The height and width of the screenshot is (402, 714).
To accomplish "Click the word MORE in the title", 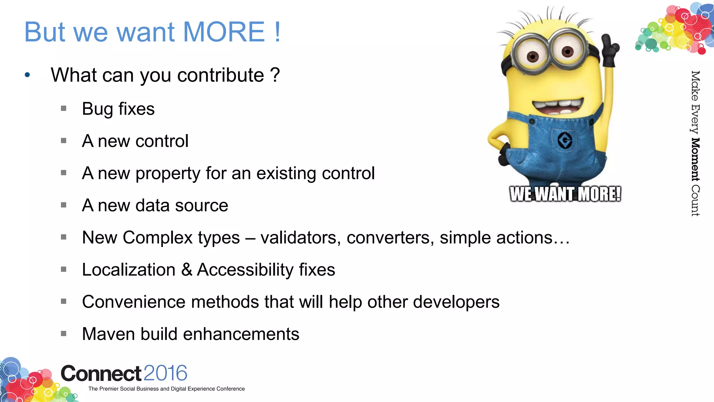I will (x=224, y=32).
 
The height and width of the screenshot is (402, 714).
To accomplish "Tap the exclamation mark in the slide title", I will (x=277, y=32).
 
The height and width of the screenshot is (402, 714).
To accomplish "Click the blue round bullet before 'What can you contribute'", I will (x=28, y=75).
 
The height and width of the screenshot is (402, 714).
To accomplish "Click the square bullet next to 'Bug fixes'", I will (x=63, y=109).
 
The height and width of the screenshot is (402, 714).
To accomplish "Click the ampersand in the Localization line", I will (x=187, y=270).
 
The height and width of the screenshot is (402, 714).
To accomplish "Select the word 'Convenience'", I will (x=134, y=302).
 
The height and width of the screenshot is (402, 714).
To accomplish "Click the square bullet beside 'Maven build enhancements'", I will (x=63, y=334).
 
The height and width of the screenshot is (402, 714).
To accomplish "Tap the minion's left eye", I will (x=532, y=56).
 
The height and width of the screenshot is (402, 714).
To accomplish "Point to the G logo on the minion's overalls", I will (x=565, y=140).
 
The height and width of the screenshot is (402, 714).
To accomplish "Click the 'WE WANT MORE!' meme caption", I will (x=565, y=194).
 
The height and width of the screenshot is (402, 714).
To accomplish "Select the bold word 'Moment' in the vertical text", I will (x=695, y=159).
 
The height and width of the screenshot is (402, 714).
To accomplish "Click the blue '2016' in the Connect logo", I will (x=165, y=373).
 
